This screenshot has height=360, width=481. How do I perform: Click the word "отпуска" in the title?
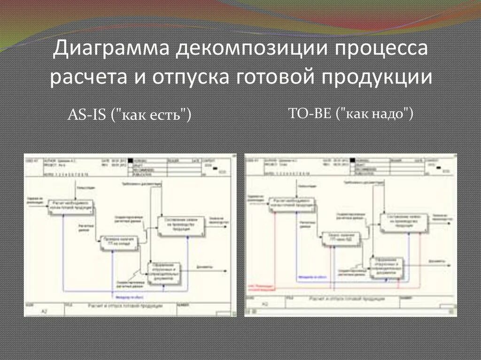(x=187, y=77)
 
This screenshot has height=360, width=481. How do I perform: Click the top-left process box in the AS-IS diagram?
(x=71, y=207)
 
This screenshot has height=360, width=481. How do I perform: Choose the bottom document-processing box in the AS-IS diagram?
(x=163, y=273)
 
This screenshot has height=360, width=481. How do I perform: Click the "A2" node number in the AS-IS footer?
(x=45, y=311)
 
